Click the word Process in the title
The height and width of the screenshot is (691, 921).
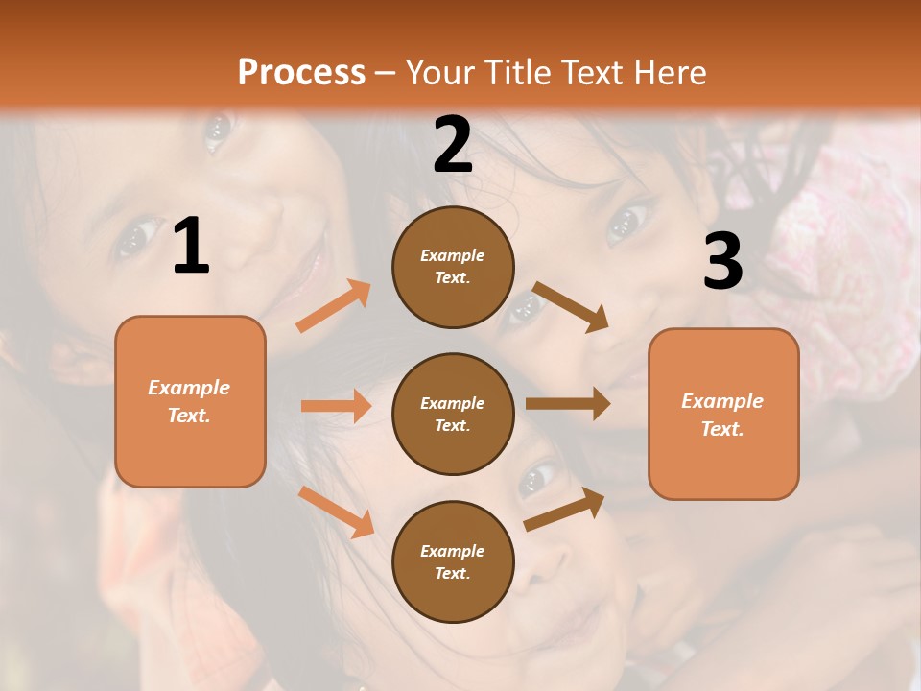click(301, 72)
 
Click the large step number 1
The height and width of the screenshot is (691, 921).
click(191, 247)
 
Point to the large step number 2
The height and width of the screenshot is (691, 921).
click(453, 145)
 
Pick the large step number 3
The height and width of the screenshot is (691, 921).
click(722, 262)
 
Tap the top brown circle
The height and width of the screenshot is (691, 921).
click(453, 267)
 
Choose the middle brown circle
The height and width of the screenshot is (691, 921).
click(453, 414)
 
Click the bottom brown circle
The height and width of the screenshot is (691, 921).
click(453, 561)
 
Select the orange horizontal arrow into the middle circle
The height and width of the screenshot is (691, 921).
click(336, 406)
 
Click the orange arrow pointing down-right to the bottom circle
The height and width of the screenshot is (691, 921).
click(336, 512)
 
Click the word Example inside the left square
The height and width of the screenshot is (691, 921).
click(189, 388)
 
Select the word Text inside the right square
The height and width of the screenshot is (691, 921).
click(721, 429)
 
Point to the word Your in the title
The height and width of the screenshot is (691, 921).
click(443, 72)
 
